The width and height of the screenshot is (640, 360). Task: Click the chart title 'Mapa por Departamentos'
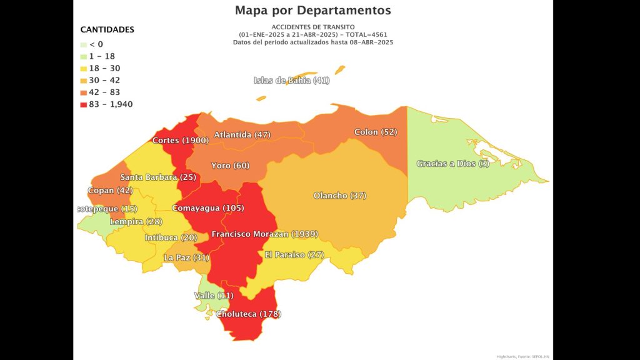click(x=312, y=11)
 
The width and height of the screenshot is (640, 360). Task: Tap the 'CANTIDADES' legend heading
click(x=107, y=29)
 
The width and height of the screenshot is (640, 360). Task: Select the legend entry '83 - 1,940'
click(x=107, y=104)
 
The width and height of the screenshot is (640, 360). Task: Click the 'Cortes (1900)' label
click(x=181, y=141)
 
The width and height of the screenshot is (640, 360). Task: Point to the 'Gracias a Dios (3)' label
click(x=453, y=164)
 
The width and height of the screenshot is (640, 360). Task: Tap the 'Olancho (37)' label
click(x=339, y=196)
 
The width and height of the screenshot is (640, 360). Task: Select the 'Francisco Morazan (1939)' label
click(x=264, y=234)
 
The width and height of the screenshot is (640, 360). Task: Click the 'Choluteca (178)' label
click(x=248, y=314)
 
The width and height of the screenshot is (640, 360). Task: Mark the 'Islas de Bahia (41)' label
click(x=292, y=81)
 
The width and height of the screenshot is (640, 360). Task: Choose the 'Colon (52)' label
click(x=376, y=132)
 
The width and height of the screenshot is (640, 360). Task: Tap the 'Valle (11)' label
click(x=212, y=295)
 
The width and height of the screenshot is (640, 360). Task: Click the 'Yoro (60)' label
click(x=230, y=166)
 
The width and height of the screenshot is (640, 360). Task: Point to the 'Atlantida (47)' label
click(x=242, y=134)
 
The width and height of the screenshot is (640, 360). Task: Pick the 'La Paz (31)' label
click(x=186, y=257)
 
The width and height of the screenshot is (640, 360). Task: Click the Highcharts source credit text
click(x=523, y=356)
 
